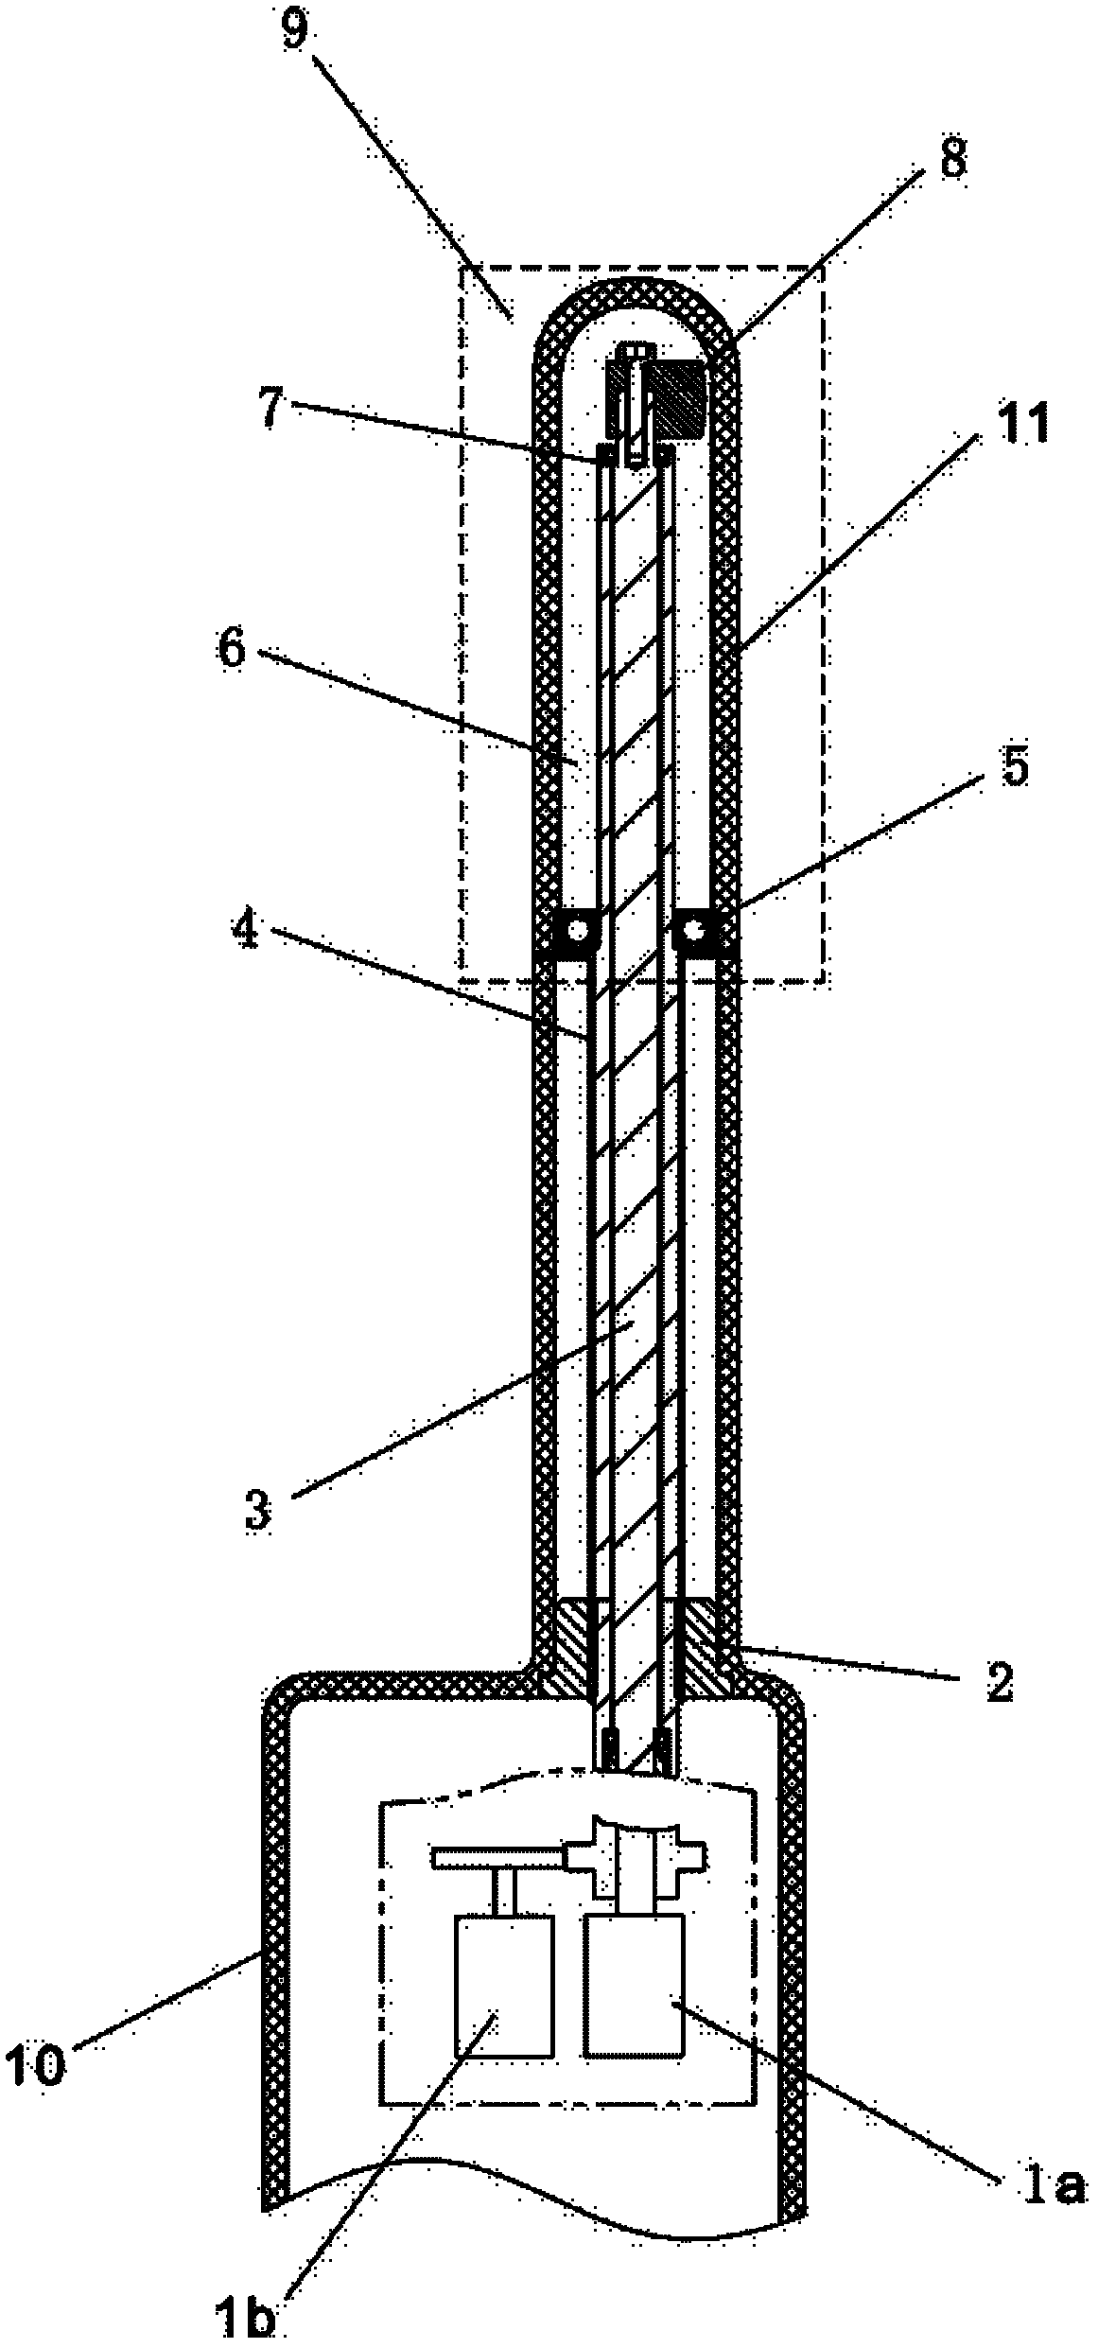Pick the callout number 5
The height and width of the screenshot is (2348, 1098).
1011,766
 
